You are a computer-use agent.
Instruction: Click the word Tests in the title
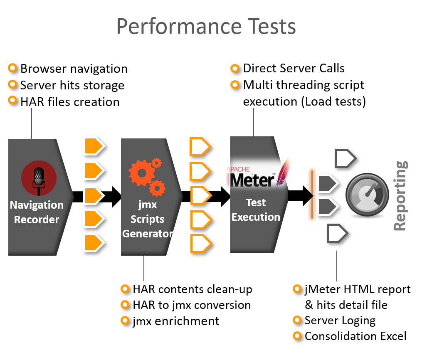click(271, 26)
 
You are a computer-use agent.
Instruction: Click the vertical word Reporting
click(400, 195)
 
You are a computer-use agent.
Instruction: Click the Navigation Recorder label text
click(37, 212)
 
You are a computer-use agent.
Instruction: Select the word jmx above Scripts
click(148, 205)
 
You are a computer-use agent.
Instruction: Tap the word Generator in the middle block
click(148, 234)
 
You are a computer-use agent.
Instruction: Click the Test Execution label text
click(256, 210)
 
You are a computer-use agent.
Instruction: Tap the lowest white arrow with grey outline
click(337, 234)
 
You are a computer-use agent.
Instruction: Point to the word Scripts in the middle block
click(148, 219)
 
